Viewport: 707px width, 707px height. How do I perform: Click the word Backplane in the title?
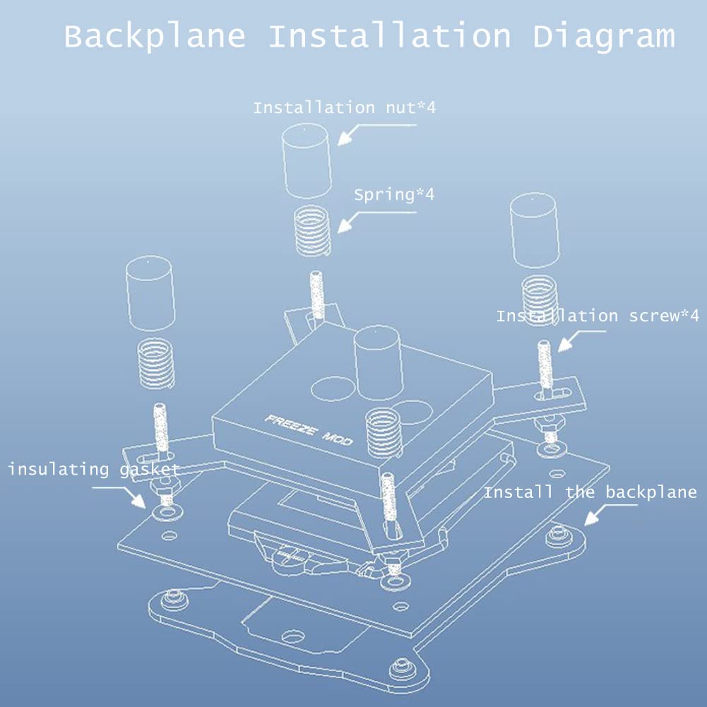coord(155,37)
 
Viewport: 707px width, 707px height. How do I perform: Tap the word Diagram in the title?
coord(604,37)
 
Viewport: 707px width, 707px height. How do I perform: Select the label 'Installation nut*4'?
coord(345,108)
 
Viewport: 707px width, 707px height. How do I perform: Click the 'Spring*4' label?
coord(394,195)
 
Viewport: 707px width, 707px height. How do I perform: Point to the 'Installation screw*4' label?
coord(598,316)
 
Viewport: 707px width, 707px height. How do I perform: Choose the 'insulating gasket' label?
coord(94,470)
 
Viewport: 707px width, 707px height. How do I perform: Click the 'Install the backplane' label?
coord(590,492)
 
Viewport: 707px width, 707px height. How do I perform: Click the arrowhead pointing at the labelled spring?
coord(345,226)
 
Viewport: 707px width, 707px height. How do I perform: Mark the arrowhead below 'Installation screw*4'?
coord(565,345)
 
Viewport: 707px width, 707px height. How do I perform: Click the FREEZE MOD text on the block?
coord(309,429)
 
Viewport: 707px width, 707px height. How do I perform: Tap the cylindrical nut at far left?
coord(150,293)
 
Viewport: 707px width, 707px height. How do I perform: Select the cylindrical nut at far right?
coord(535,230)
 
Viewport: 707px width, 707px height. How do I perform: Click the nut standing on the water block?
coord(379,362)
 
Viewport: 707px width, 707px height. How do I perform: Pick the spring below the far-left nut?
coord(155,364)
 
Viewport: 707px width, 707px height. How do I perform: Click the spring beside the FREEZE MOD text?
coord(384,433)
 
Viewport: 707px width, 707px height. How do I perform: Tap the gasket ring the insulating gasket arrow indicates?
coord(167,512)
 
